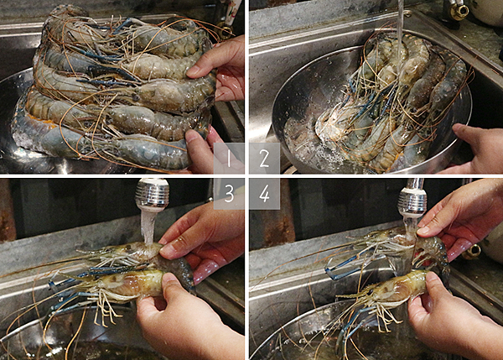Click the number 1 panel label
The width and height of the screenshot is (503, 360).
pos(229,159)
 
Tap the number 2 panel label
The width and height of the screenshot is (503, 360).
pos(264,159)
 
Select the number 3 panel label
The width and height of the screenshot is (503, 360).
pos(229,194)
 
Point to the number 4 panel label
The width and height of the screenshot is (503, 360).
pos(264,194)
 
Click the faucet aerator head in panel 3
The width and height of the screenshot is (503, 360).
pos(152,195)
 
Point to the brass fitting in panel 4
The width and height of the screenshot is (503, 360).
pos(471,252)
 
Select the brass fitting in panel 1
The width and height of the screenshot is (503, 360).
pos(226,30)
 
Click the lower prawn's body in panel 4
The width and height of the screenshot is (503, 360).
pos(401,286)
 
